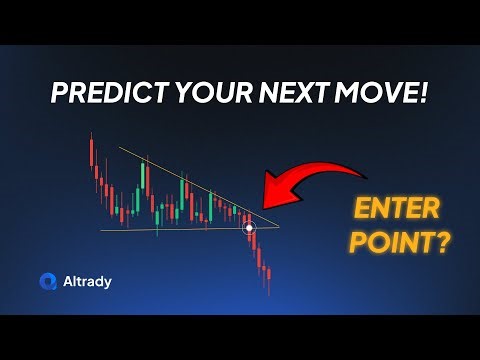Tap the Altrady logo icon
(48, 281)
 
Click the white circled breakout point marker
(250, 229)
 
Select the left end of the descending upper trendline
(119, 148)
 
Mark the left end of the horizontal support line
(101, 231)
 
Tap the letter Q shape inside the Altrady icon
(48, 281)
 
